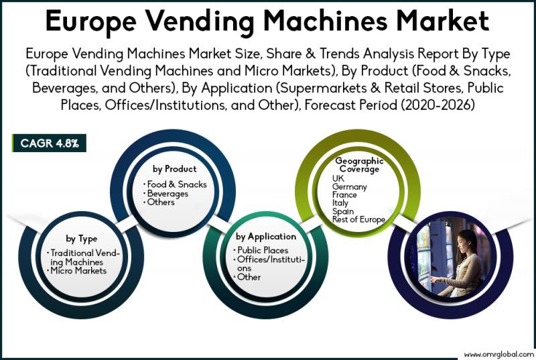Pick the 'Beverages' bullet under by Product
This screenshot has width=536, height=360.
coord(168,194)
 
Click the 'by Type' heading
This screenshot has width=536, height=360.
coord(82,238)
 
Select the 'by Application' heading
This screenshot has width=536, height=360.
coord(266,236)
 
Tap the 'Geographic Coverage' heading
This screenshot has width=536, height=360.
coord(359,165)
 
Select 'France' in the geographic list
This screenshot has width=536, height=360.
coord(346,195)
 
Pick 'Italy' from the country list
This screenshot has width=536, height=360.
coord(340,203)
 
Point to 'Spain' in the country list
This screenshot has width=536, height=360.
coord(344,211)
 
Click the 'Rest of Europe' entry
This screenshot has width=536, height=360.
coord(359,220)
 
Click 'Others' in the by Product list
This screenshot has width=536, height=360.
coord(161,202)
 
